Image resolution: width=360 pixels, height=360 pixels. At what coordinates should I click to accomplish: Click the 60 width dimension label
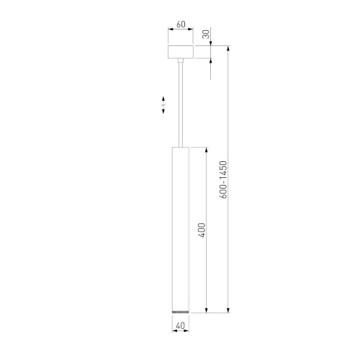[x=181, y=24]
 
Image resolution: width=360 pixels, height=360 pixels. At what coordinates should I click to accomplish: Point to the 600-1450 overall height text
[x=225, y=180]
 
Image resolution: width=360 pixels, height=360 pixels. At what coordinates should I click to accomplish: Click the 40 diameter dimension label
[x=179, y=325]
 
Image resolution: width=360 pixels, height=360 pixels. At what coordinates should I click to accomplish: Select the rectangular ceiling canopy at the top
[x=181, y=54]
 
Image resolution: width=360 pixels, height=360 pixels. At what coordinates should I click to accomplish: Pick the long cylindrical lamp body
[x=180, y=227]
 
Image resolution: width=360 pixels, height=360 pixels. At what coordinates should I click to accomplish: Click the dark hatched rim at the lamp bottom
[x=180, y=310]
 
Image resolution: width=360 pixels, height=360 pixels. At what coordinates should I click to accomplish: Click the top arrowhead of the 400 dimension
[x=207, y=149]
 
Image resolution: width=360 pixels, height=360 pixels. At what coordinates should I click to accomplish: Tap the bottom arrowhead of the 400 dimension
[x=207, y=310]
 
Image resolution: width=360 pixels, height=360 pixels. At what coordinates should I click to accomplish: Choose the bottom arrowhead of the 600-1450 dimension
[x=230, y=310]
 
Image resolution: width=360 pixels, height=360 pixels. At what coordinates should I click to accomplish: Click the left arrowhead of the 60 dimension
[x=170, y=30]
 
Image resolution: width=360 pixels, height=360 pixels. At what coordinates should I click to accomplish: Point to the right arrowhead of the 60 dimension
[x=192, y=30]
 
